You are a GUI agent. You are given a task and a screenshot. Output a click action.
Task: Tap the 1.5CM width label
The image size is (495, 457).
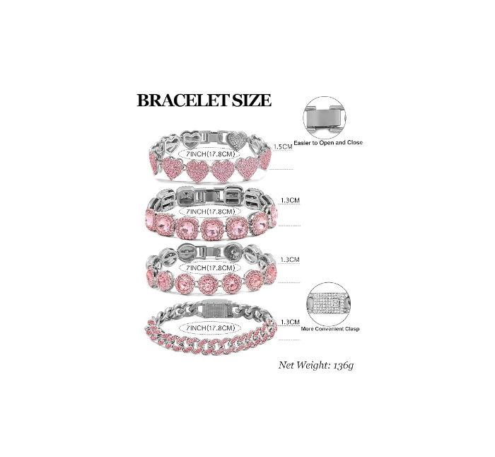[x=282, y=146]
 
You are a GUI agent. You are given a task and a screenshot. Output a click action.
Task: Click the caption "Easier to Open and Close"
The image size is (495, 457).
[x=334, y=142]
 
